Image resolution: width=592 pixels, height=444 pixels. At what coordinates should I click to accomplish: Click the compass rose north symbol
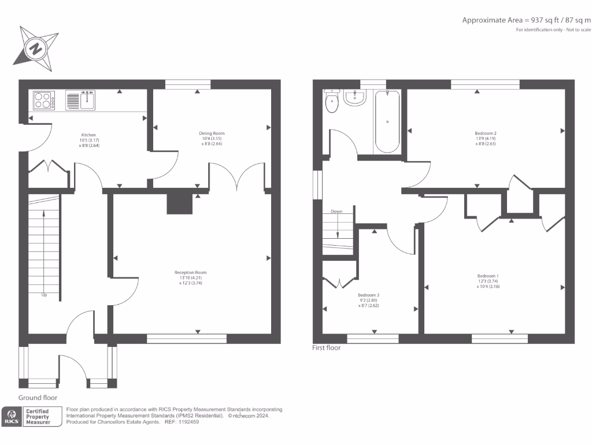tap(36, 48)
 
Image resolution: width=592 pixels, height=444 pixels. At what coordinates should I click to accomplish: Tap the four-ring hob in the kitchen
tap(44, 101)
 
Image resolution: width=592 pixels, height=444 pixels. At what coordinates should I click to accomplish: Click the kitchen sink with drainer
tap(80, 100)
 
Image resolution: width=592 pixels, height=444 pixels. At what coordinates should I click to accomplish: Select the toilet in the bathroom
tap(332, 102)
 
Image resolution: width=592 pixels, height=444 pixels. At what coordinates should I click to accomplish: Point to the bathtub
tap(386, 121)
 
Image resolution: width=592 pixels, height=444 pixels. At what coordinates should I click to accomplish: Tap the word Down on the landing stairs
tap(336, 212)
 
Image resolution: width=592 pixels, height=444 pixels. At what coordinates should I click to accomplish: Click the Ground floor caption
tap(38, 398)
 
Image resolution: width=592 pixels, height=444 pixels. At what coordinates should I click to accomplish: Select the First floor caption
tap(327, 348)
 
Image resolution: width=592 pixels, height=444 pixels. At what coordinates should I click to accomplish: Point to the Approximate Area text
tap(526, 20)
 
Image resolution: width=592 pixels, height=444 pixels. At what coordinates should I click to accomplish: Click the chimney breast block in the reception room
tap(179, 203)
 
